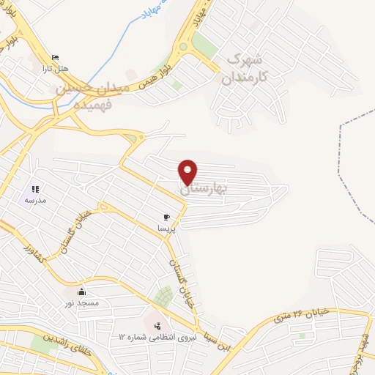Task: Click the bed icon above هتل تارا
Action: pos(55,58)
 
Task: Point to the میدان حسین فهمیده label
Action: pos(92,93)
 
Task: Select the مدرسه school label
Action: pos(35,199)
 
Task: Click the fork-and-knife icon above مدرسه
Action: pos(34,189)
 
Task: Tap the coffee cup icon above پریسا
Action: pos(166,218)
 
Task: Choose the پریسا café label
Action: pos(166,228)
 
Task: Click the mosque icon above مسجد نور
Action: pos(81,292)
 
